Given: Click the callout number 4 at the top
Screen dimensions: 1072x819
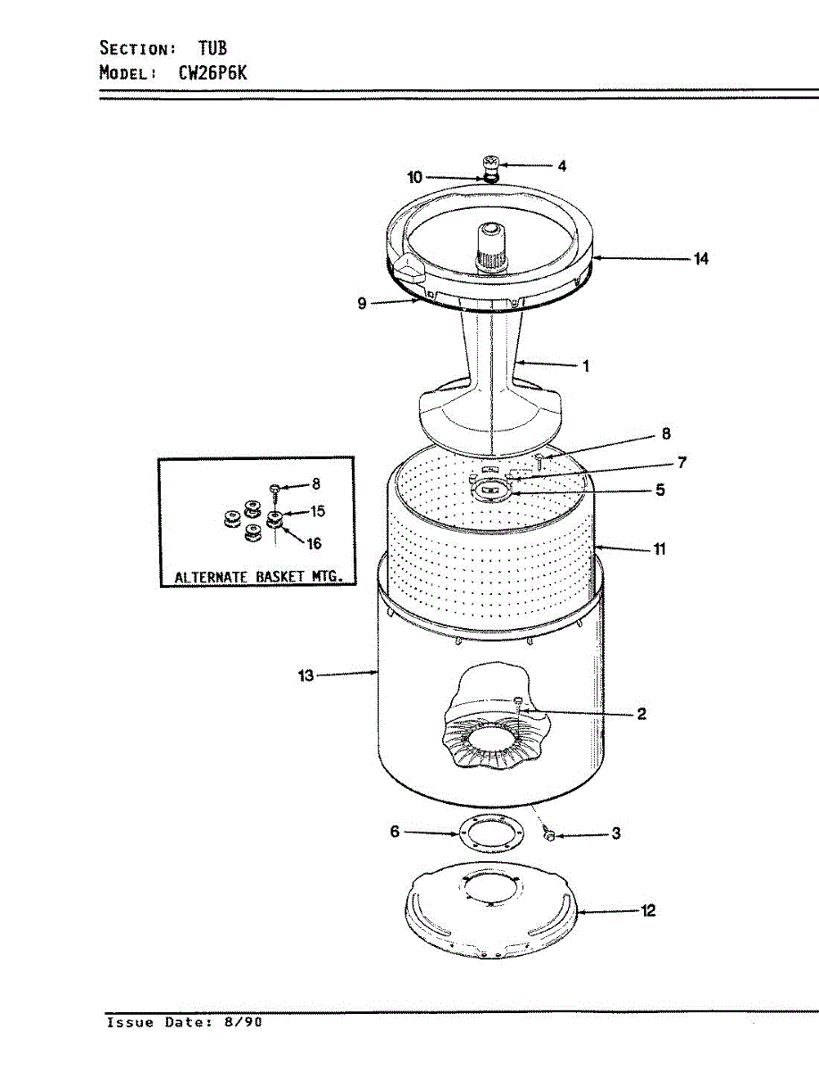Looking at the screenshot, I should [x=562, y=165].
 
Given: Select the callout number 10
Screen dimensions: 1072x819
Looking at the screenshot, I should [x=415, y=178].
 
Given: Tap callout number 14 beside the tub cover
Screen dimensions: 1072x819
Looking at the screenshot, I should [x=701, y=259].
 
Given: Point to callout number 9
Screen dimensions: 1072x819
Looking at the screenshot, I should [x=362, y=304].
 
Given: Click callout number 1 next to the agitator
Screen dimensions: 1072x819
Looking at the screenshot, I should [x=586, y=365].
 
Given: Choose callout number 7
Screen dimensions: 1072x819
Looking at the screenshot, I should [x=681, y=462].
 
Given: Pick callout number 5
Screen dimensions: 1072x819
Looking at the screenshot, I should [x=660, y=490].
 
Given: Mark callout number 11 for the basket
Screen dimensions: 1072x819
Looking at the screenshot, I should [x=659, y=549].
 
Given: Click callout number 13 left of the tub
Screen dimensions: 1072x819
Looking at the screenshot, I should [x=306, y=676].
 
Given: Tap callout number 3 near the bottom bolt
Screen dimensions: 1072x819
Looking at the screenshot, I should [x=616, y=834].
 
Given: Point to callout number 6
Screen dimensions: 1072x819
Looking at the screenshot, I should [x=395, y=832].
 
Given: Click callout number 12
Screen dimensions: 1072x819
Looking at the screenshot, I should [x=648, y=911].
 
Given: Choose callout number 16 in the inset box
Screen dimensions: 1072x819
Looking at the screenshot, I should [x=313, y=544].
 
